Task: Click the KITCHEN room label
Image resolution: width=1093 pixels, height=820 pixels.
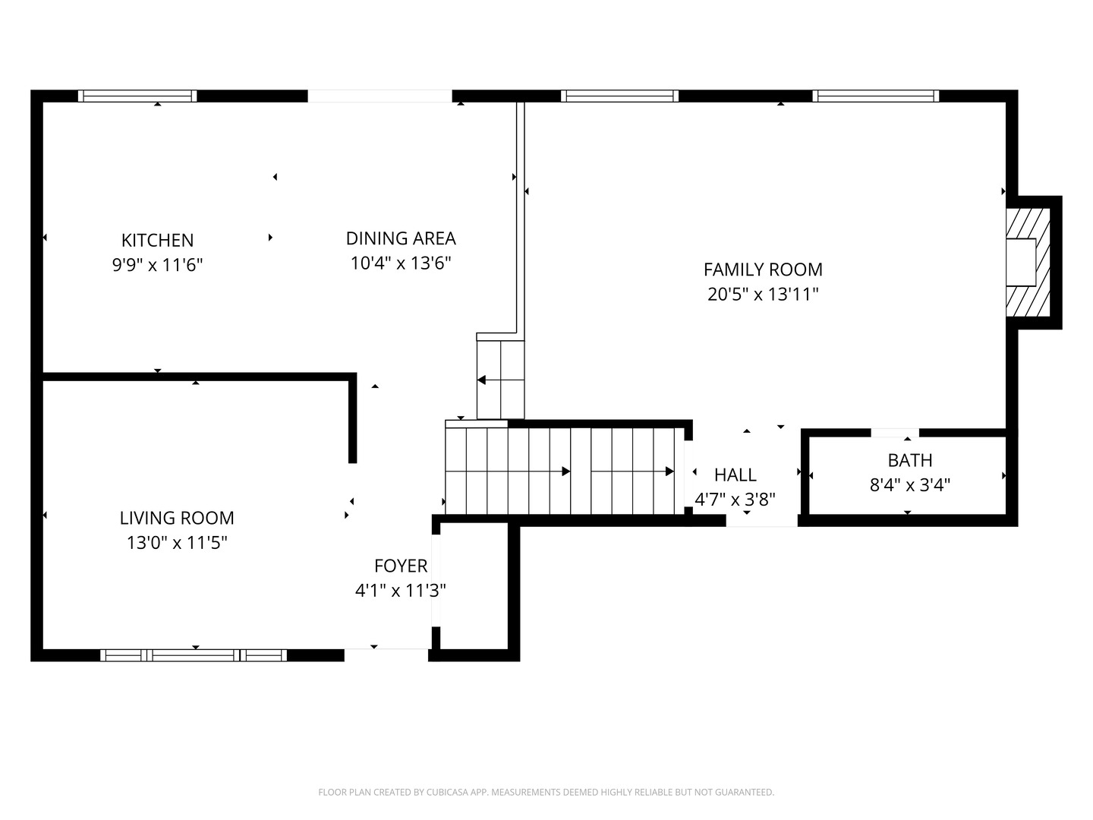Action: point(157,241)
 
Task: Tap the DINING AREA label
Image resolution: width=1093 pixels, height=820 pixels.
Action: point(401,238)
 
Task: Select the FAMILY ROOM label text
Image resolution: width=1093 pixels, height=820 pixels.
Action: point(763,270)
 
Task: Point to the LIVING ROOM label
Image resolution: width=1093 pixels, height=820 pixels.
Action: point(177,519)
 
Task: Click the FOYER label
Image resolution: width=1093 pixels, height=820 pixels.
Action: point(401,566)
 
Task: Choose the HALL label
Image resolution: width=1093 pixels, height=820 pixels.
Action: point(735,475)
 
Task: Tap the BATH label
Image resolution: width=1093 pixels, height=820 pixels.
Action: point(910,461)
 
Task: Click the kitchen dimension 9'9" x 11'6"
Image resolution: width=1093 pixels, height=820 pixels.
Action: point(157,265)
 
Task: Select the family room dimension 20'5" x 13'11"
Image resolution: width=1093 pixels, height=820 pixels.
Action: point(763,295)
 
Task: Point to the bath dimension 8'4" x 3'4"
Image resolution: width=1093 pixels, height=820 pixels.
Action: point(910,485)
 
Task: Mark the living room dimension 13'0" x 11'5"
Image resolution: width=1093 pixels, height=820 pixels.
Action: point(177,543)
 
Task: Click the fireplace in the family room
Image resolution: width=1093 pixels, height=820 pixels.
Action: point(1028,263)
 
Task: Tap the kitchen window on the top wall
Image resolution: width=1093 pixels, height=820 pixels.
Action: point(137,96)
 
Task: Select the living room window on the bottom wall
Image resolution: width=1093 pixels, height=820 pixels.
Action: point(194,655)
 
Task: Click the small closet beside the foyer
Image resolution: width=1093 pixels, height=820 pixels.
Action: point(474,585)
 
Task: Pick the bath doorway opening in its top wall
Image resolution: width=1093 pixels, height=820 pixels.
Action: point(895,433)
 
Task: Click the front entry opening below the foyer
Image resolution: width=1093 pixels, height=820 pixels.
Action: point(386,655)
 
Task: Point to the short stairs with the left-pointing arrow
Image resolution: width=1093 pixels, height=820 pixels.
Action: point(500,380)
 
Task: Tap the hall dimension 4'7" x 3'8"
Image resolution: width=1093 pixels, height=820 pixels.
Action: point(735,500)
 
